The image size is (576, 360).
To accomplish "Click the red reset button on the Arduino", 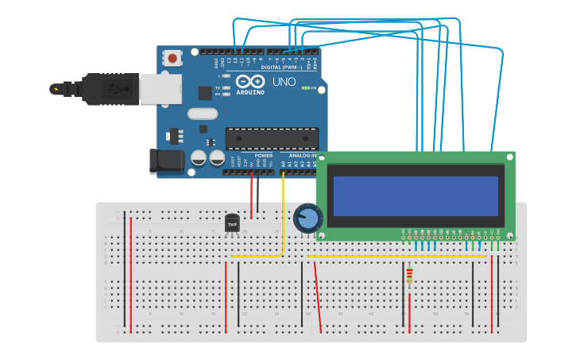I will (x=172, y=57).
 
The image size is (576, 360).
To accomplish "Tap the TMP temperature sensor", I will (x=232, y=225).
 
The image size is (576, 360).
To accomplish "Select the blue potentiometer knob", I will (x=307, y=219).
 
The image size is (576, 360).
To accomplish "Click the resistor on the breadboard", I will (x=409, y=277).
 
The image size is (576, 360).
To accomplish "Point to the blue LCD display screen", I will (x=416, y=196).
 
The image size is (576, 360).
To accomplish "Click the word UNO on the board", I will (x=284, y=82).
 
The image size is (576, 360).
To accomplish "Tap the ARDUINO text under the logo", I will (x=250, y=92).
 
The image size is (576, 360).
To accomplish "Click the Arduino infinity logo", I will (x=249, y=81).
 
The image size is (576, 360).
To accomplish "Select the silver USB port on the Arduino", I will (x=160, y=89).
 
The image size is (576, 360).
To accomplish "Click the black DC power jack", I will (x=168, y=161).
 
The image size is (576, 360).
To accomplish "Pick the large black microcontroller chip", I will (x=272, y=138).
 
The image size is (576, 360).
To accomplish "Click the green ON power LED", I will (x=306, y=87).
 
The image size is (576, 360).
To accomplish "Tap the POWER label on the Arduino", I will (x=263, y=156).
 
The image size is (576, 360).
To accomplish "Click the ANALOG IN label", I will (x=301, y=156).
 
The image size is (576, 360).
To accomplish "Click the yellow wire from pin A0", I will (x=283, y=215).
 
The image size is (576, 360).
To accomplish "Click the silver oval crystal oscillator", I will (x=203, y=114).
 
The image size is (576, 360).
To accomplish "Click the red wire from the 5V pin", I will (x=252, y=195).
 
